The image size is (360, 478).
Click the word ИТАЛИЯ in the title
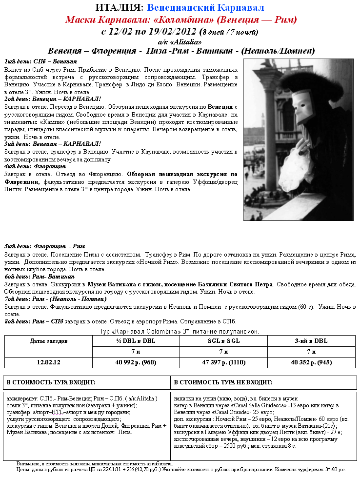pos(119,8)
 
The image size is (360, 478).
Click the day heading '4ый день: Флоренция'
pos(35,166)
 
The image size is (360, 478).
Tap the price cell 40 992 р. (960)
pos(136,362)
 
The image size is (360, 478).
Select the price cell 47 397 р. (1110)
pos(223,362)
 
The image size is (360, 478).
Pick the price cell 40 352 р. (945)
pos(312,362)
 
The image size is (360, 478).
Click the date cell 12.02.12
pos(48,362)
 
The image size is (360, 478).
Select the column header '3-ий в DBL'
pos(312,340)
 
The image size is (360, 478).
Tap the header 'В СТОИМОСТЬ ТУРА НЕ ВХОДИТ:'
pos(223,382)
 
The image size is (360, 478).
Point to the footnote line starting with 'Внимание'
pos(93,463)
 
